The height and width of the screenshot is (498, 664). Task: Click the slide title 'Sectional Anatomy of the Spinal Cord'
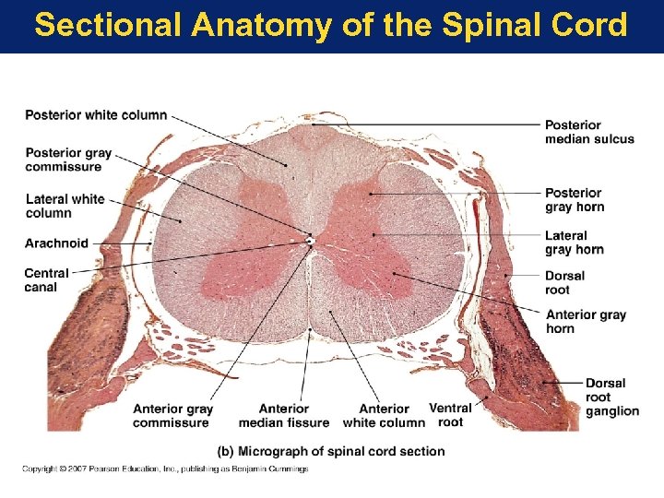click(331, 25)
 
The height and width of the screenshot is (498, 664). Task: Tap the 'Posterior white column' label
click(96, 115)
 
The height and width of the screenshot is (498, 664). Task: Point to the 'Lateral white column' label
click(65, 206)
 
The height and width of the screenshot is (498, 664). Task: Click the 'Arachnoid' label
click(57, 243)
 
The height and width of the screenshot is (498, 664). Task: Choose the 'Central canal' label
click(46, 280)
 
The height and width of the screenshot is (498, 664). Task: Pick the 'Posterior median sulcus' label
click(589, 132)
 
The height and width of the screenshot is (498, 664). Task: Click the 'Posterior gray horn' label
click(575, 199)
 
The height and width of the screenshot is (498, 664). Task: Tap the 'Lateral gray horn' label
click(575, 243)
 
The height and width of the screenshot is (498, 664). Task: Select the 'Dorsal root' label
click(564, 282)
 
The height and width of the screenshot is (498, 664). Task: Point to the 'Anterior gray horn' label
click(586, 321)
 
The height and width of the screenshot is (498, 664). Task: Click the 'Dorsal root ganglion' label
click(611, 397)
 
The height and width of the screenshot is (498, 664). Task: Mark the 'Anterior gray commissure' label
click(172, 416)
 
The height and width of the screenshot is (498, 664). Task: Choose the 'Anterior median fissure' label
click(283, 416)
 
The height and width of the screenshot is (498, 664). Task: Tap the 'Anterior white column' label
click(384, 416)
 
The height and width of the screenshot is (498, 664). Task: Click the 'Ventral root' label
click(450, 415)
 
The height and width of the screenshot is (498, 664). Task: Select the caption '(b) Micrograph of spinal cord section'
click(331, 451)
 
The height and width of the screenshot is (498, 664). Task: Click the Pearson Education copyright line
click(165, 469)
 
